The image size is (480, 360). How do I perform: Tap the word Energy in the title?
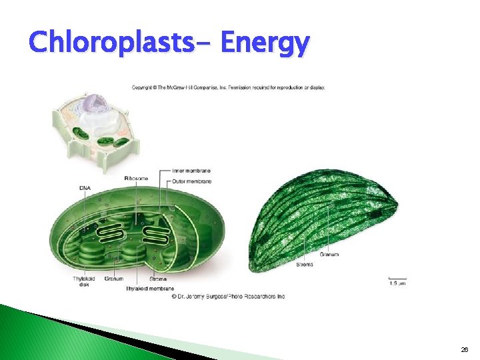pyautogui.click(x=265, y=44)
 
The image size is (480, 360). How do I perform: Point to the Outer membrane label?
pyautogui.click(x=191, y=181)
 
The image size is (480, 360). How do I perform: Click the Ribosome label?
pyautogui.click(x=135, y=179)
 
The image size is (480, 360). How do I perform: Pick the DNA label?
pyautogui.click(x=85, y=188)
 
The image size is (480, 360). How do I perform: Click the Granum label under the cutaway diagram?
pyautogui.click(x=113, y=279)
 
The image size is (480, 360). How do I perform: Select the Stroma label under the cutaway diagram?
pyautogui.click(x=158, y=279)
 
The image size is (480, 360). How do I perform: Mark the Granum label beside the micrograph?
pyautogui.click(x=329, y=255)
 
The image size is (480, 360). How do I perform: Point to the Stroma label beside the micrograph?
pyautogui.click(x=305, y=265)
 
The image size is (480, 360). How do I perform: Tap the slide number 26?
pyautogui.click(x=464, y=349)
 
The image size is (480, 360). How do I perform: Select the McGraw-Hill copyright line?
pyautogui.click(x=228, y=88)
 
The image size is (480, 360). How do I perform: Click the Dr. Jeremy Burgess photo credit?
pyautogui.click(x=228, y=296)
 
